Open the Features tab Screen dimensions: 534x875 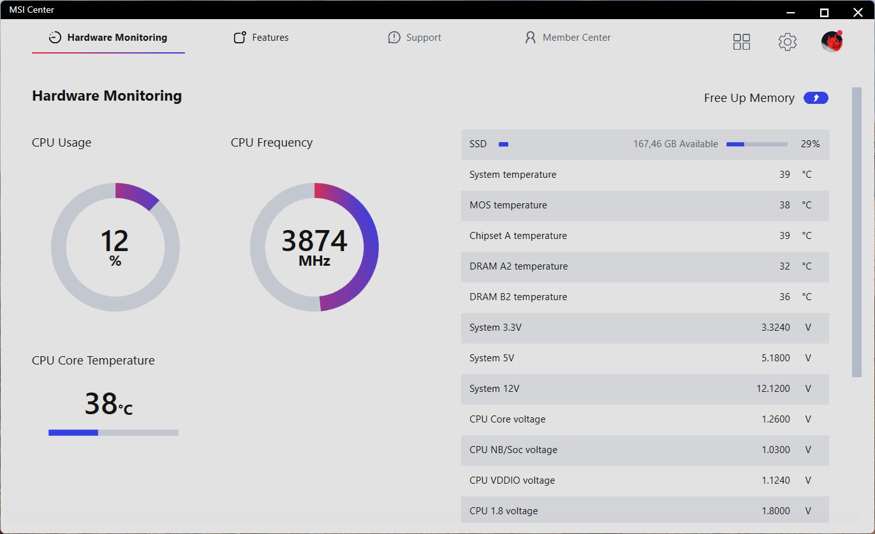click(261, 38)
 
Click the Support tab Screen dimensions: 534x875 click(415, 38)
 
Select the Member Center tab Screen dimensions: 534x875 click(568, 38)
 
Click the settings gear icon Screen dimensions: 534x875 click(788, 42)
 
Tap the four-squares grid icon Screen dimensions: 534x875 click(742, 42)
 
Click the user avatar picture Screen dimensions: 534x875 click(832, 41)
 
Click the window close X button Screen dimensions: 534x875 click(858, 12)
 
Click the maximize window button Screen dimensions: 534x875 click(824, 12)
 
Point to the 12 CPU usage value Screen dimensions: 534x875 click(115, 241)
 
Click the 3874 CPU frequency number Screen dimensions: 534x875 click(314, 241)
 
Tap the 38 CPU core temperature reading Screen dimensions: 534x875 click(101, 403)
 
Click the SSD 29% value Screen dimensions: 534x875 click(810, 144)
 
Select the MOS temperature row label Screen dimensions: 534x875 click(508, 205)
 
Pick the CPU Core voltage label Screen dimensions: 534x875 click(508, 419)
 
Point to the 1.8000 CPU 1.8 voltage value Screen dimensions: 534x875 click(776, 511)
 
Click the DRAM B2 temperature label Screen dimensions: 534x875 click(518, 297)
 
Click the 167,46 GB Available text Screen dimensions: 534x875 click(675, 144)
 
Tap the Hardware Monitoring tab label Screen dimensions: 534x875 click(117, 38)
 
